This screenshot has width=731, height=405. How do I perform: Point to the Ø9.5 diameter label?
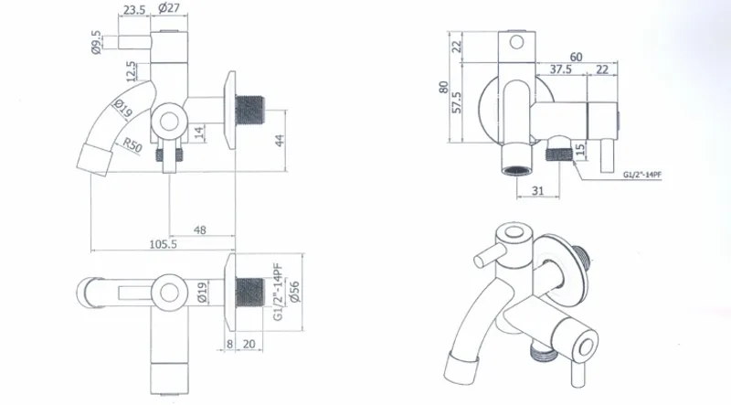tap(96, 42)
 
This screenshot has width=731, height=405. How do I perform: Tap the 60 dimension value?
tap(577, 57)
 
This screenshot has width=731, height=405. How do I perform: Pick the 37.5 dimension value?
tap(561, 69)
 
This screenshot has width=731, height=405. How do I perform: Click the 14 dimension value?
tap(199, 134)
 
